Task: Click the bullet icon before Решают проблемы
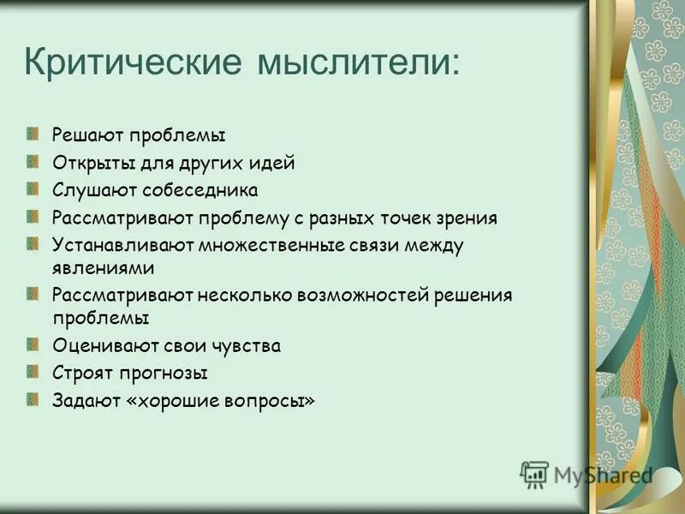point(33,134)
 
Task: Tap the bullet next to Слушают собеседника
point(33,188)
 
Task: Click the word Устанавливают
point(123,245)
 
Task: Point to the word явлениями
point(103,267)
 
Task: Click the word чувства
point(248,346)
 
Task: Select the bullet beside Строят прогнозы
point(33,372)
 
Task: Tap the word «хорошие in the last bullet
point(167,401)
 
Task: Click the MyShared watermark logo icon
point(534,475)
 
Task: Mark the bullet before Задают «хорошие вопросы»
point(33,399)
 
